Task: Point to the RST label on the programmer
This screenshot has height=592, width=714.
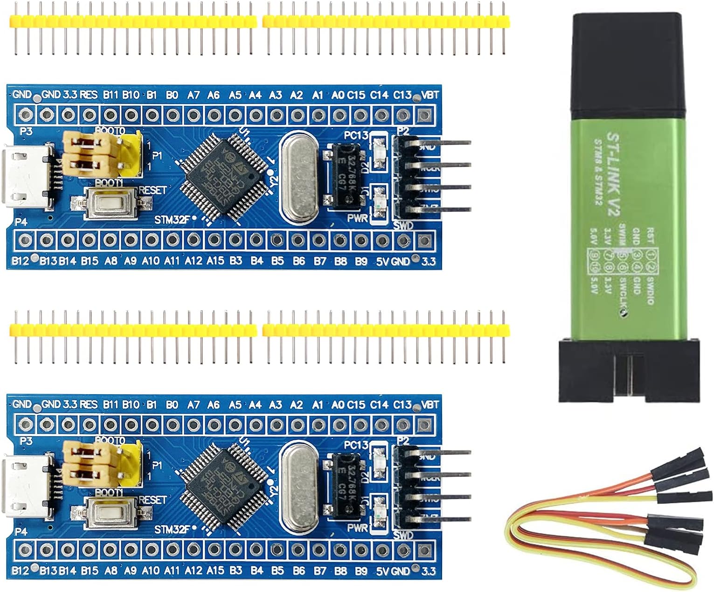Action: point(651,233)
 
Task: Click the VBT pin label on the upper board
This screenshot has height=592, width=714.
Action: point(430,95)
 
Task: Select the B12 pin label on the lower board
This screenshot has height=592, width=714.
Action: point(20,571)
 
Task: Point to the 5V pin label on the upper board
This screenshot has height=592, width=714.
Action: point(382,261)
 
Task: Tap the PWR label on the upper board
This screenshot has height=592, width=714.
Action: point(357,218)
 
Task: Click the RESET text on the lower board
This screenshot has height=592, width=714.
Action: point(153,500)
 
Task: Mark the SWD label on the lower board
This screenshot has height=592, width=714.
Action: point(403,535)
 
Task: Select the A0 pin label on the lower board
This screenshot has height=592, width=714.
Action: point(338,405)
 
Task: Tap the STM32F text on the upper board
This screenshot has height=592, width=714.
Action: point(173,219)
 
